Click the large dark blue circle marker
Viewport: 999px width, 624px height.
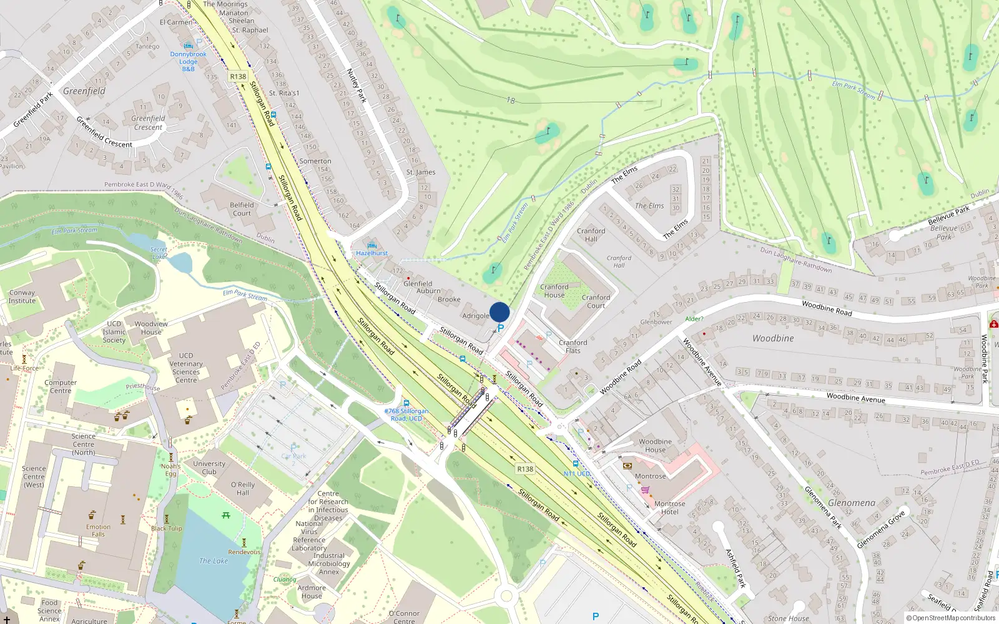point(499,312)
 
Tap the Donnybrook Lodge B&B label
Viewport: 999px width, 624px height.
point(188,62)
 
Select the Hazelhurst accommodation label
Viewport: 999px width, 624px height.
point(372,253)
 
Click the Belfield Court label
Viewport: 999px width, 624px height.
point(242,209)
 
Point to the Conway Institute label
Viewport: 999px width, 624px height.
point(22,296)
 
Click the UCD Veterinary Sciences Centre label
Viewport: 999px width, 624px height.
point(186,368)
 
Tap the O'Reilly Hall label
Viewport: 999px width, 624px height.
point(243,489)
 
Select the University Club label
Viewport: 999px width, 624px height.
point(209,467)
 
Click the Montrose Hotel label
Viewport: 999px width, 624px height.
point(669,507)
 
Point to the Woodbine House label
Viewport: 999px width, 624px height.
point(655,446)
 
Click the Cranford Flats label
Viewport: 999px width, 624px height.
point(573,346)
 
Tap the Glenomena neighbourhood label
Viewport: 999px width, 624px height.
point(852,503)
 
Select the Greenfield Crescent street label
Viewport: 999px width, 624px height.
point(104,132)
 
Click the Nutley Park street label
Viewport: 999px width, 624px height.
point(357,85)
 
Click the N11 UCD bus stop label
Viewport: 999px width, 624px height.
point(577,474)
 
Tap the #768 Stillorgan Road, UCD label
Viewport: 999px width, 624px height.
point(406,414)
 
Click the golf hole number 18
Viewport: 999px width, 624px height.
point(511,100)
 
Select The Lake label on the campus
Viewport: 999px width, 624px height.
point(214,561)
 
